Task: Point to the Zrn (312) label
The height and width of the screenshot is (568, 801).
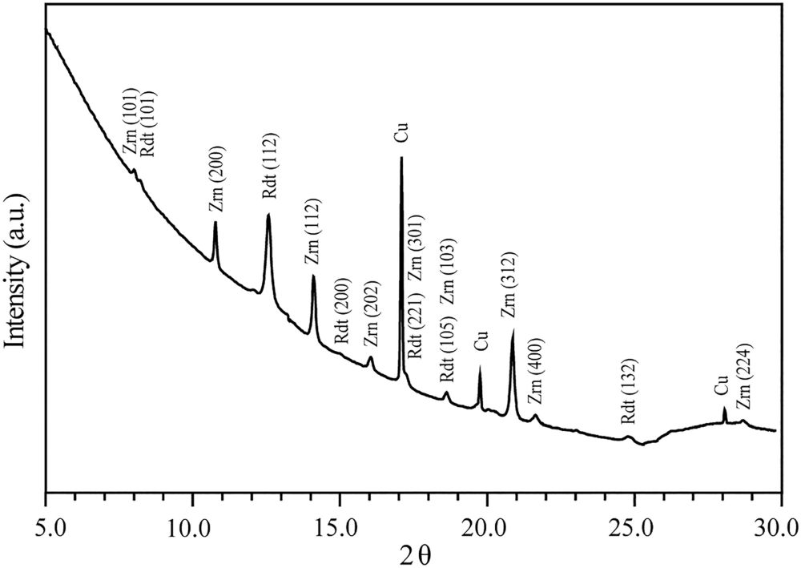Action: click(509, 285)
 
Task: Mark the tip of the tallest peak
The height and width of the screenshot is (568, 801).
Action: click(401, 158)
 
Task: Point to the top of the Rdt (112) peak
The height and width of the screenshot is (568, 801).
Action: click(268, 215)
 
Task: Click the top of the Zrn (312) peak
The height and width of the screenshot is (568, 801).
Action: click(512, 329)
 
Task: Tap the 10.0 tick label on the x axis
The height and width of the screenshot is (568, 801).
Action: click(192, 528)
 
